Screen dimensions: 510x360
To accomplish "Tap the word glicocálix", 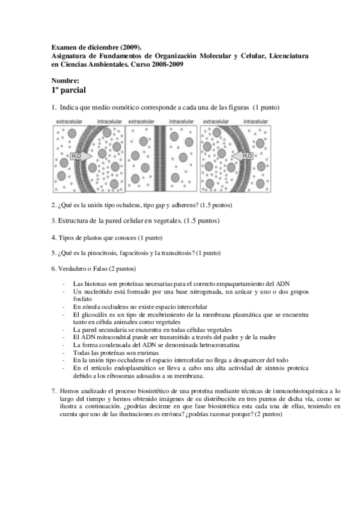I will tap(94, 314).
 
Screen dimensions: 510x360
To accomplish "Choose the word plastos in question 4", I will tap(90, 237).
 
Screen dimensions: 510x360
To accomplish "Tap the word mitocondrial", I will tap(110, 337).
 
